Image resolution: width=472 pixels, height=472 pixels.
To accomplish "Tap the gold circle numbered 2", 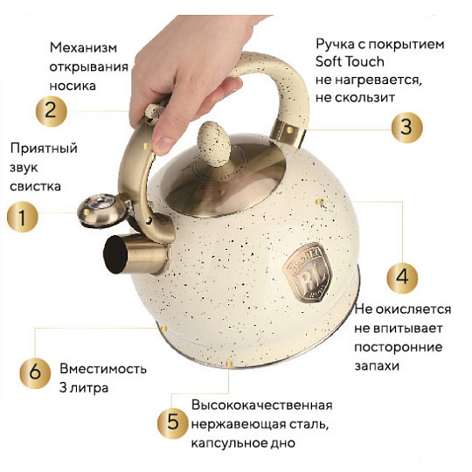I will (x=51, y=110).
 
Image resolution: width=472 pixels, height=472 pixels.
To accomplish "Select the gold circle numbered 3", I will (x=405, y=126).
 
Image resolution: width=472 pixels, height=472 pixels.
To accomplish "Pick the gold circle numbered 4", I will (x=401, y=277).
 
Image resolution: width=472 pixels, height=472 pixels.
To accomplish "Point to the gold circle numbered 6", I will (x=35, y=370).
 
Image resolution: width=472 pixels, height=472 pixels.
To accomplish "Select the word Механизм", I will (x=83, y=47).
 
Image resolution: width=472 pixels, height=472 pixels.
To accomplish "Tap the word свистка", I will (x=35, y=186).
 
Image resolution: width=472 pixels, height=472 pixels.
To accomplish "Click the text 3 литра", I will (x=84, y=386).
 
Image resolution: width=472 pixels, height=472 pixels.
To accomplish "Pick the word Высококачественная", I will (x=261, y=406).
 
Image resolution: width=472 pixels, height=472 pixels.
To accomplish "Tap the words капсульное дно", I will (x=241, y=443).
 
